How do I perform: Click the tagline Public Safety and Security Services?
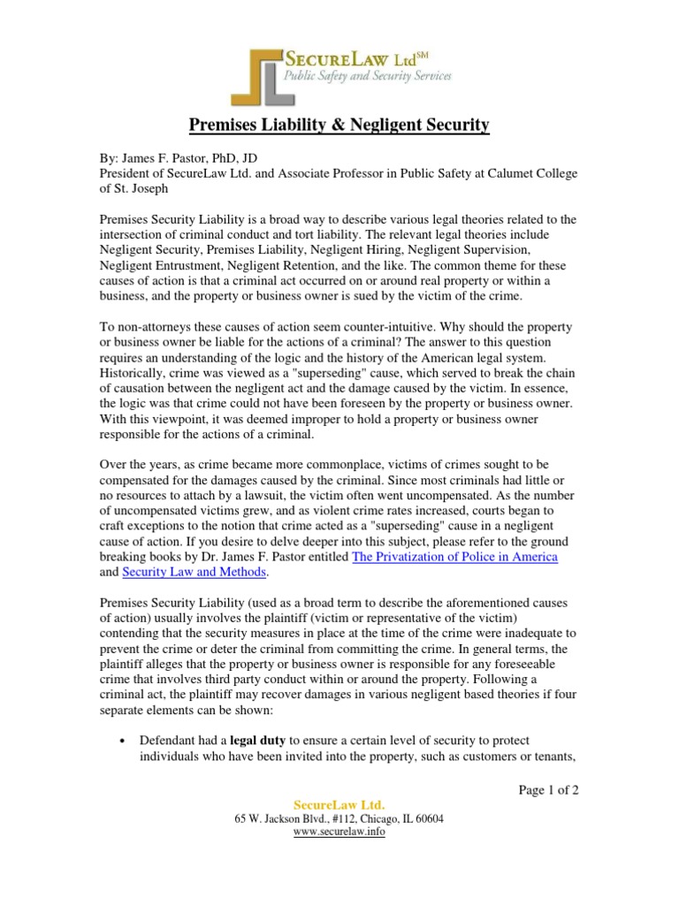366,77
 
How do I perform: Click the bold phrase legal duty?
256,740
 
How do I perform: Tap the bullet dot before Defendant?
119,741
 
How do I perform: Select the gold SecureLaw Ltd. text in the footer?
339,804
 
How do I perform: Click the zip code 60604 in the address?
427,818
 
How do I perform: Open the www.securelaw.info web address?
339,833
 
